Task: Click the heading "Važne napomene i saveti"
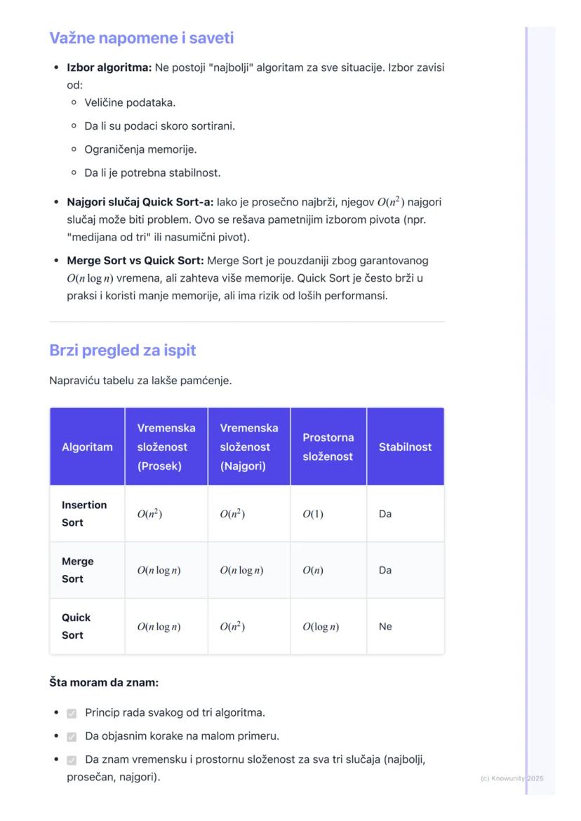pos(141,38)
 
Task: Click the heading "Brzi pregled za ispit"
pos(122,350)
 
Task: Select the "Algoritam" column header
pos(87,447)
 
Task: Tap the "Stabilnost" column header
pos(405,447)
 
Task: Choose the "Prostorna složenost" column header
pos(328,447)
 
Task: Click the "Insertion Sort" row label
pos(84,513)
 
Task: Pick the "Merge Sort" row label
pos(77,570)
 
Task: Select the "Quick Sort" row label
pos(76,626)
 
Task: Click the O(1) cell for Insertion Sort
pos(313,514)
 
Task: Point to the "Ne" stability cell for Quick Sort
pos(385,626)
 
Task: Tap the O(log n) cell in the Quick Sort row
pos(321,627)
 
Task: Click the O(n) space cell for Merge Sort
pos(313,570)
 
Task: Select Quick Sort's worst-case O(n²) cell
pos(232,627)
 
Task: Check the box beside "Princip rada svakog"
pos(72,713)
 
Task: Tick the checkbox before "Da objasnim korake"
pos(72,737)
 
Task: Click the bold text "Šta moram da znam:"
pos(104,682)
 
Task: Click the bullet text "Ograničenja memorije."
pos(140,149)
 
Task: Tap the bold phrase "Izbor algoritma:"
pos(109,67)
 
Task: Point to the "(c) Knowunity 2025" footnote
pos(512,778)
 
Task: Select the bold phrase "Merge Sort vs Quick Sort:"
pos(135,260)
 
